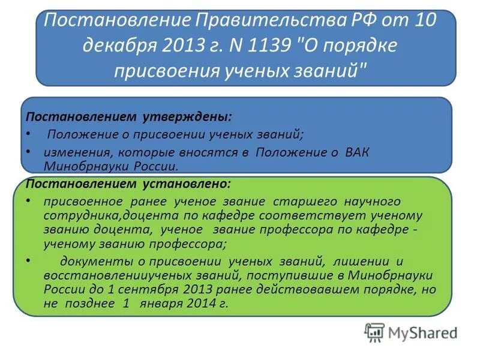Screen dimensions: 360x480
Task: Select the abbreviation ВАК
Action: coord(358,152)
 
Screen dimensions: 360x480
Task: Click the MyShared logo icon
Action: coord(374,332)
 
